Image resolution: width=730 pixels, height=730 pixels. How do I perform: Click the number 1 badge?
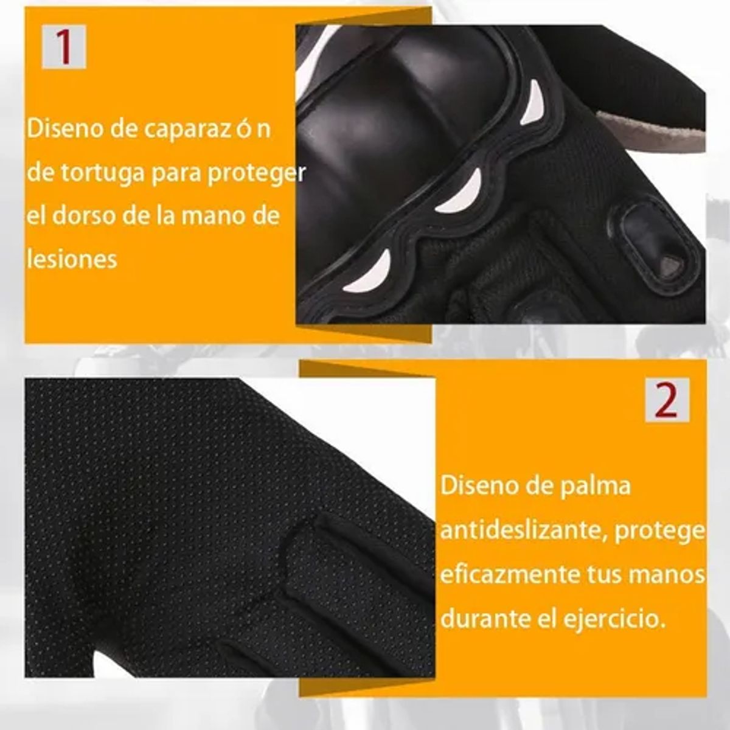pos(64,47)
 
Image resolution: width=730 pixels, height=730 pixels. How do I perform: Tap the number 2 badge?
pos(667,400)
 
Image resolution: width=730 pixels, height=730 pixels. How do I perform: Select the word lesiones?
pos(72,260)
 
